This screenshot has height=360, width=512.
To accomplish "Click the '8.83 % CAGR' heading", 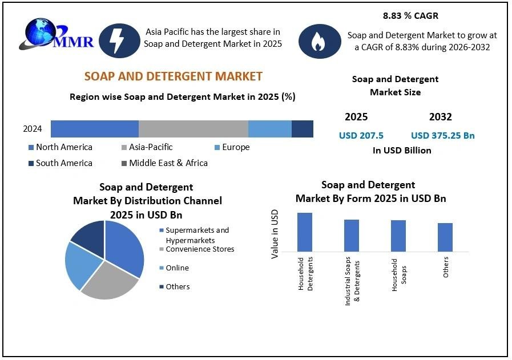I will tap(411, 16).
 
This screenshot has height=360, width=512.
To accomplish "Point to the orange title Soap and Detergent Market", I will tap(174, 76).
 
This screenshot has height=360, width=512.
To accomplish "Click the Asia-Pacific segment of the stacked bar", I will tap(193, 129).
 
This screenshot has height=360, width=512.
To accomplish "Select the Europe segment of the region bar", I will tap(269, 129).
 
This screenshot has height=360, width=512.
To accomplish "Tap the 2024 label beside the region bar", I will tap(33, 129).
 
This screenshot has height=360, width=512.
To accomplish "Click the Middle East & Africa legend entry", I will tap(168, 163).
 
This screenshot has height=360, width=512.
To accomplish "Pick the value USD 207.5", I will tap(361, 136).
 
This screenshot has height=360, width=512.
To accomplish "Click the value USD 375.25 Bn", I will tap(442, 136).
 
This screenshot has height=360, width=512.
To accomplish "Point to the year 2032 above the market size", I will tap(440, 117).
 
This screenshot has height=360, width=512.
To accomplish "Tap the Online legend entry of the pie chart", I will tap(177, 268).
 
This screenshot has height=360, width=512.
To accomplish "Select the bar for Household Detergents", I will tap(305, 232).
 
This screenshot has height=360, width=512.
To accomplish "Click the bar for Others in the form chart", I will tap(445, 237).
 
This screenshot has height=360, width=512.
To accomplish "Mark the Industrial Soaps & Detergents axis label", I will tap(352, 283).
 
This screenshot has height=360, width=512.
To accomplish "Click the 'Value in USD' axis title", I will tap(275, 234).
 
